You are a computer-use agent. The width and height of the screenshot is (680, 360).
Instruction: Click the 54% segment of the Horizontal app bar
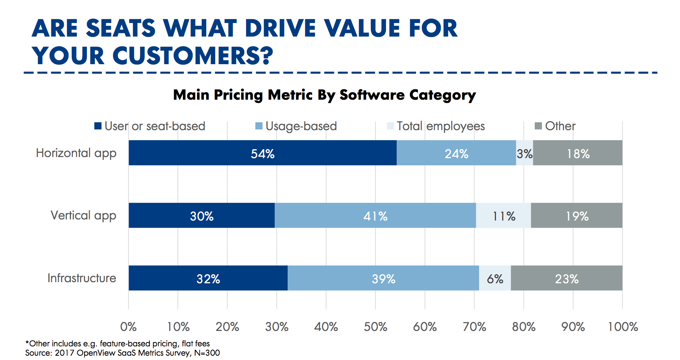(263, 153)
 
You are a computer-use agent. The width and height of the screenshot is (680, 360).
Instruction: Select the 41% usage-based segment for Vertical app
(375, 215)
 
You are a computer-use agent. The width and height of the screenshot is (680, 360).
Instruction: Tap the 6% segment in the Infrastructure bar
(495, 278)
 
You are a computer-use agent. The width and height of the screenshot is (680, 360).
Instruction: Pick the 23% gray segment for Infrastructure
(567, 278)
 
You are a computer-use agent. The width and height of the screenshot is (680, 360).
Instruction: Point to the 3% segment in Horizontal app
(524, 153)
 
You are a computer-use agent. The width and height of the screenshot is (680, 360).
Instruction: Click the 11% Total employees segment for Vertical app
(504, 215)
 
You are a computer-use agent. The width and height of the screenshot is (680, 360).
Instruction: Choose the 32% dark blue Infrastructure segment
(208, 278)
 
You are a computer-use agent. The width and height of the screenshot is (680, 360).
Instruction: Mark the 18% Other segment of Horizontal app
(578, 153)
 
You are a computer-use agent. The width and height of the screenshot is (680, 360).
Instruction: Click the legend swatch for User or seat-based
(98, 126)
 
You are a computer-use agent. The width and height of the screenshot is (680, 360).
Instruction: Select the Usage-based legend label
(301, 126)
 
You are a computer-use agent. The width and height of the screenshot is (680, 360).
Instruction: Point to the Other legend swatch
(538, 126)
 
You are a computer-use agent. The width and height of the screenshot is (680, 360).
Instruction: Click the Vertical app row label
(83, 215)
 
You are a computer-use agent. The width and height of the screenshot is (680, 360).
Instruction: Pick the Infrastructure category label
(82, 278)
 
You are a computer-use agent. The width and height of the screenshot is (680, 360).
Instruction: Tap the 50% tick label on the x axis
(376, 327)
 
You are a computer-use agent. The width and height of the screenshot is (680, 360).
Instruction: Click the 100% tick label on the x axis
(623, 327)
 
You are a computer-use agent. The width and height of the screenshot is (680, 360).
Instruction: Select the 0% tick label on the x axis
(128, 327)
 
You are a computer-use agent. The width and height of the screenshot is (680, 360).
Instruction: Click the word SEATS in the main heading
(121, 28)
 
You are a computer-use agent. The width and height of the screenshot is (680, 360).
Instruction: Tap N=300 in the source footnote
(207, 353)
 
